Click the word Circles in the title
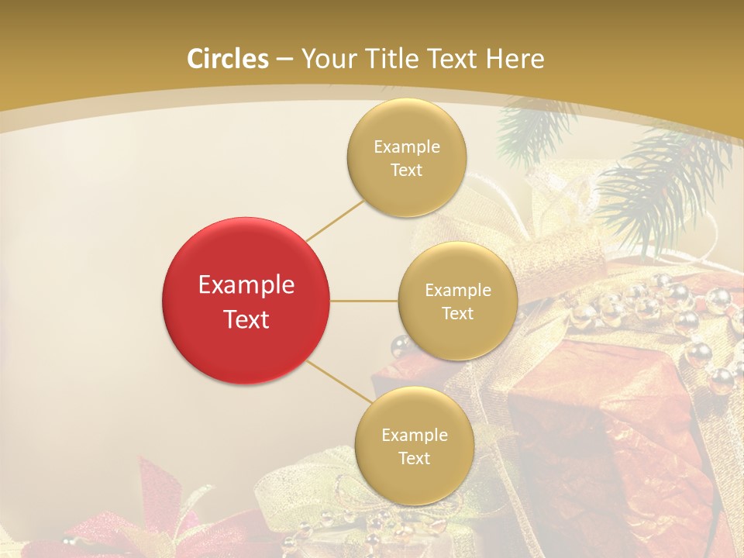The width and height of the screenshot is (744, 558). pos(227,59)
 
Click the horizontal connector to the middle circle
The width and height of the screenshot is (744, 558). pos(363,301)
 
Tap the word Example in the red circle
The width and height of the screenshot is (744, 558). pos(246,285)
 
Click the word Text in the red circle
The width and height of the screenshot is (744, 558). pos(246,319)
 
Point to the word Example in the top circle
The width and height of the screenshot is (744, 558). pos(406,147)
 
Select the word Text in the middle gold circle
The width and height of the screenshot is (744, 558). pos(457,313)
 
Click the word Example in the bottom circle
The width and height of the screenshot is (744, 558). pos(414,435)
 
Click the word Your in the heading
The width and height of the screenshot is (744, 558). pos(323,59)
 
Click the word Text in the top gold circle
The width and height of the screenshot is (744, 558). pos(406,170)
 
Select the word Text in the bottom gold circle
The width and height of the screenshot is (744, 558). pos(414,458)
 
